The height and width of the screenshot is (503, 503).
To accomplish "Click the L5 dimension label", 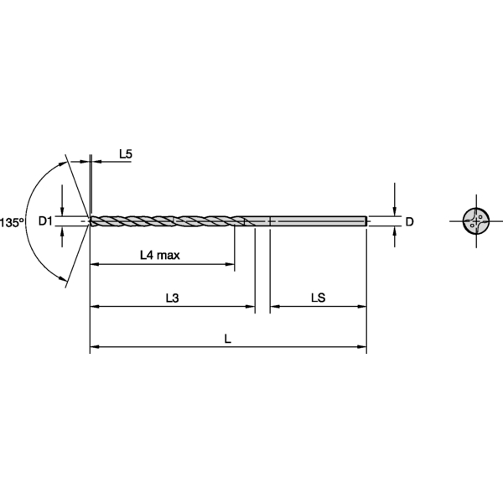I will pos(126,153).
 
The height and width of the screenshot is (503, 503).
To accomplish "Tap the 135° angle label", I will pos(12,222).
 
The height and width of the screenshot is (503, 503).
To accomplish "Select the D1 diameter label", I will pos(46,221).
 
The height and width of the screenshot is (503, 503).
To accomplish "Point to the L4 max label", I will pos(159,255).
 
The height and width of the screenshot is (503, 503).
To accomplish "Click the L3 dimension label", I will pos(173,298).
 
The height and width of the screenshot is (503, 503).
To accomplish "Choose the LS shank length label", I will pos(318,298).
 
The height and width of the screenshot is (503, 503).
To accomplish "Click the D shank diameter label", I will pos(409,222).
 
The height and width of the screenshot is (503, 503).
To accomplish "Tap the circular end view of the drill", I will pos(475,221).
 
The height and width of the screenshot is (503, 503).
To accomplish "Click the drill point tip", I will pos(91,221).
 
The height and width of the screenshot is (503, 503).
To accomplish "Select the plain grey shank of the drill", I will pos(319,221).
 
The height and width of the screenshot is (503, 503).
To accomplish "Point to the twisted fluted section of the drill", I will pos(168,221).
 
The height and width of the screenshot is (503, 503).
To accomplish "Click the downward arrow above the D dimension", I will pos(394,211).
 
